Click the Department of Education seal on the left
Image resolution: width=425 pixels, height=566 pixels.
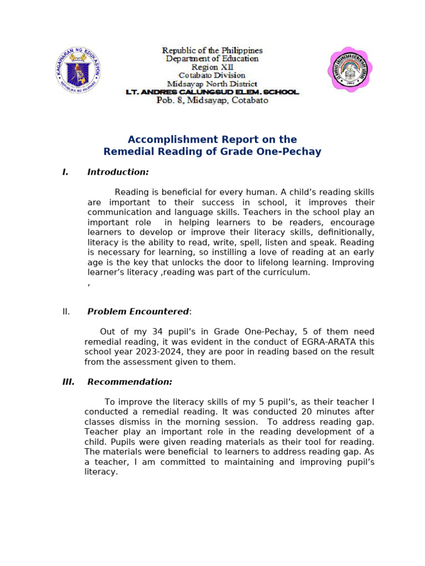pyautogui.click(x=77, y=70)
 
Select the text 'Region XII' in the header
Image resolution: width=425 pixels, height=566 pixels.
pyautogui.click(x=212, y=67)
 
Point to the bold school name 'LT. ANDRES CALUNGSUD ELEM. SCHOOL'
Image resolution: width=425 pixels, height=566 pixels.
pyautogui.click(x=212, y=92)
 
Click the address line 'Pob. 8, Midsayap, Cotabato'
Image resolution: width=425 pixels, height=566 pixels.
pyautogui.click(x=212, y=100)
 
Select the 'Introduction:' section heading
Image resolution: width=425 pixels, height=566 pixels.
pyautogui.click(x=118, y=172)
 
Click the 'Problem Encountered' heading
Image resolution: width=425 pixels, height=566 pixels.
pyautogui.click(x=138, y=312)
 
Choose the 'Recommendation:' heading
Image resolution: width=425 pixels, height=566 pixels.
pyautogui.click(x=129, y=382)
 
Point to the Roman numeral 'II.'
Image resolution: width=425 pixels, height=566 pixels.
pyautogui.click(x=66, y=312)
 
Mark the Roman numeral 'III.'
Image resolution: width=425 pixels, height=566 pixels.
pyautogui.click(x=68, y=382)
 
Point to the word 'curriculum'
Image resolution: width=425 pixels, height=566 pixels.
pyautogui.click(x=286, y=272)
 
